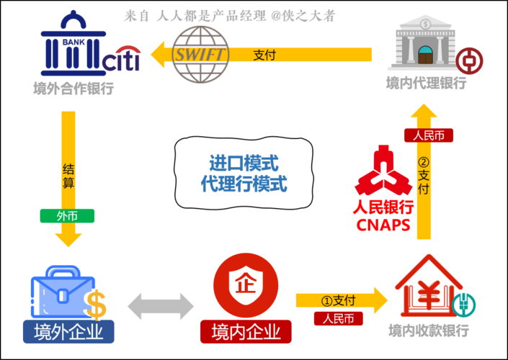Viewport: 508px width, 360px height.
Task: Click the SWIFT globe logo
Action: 200,55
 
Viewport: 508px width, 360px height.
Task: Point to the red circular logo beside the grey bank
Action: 469,60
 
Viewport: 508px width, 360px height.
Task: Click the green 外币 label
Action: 67,216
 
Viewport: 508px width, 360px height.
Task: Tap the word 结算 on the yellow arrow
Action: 68,176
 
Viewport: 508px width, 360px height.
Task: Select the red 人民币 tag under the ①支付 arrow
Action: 338,318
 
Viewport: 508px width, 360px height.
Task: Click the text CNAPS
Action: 383,225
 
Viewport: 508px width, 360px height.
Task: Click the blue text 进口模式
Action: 244,161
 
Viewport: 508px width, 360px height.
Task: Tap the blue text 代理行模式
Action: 244,183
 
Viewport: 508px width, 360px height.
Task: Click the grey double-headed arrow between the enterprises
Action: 161,306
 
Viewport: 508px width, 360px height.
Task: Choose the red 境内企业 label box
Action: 246,332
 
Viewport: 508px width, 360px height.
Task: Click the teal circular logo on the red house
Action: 465,304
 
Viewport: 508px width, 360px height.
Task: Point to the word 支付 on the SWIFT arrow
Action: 264,55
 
